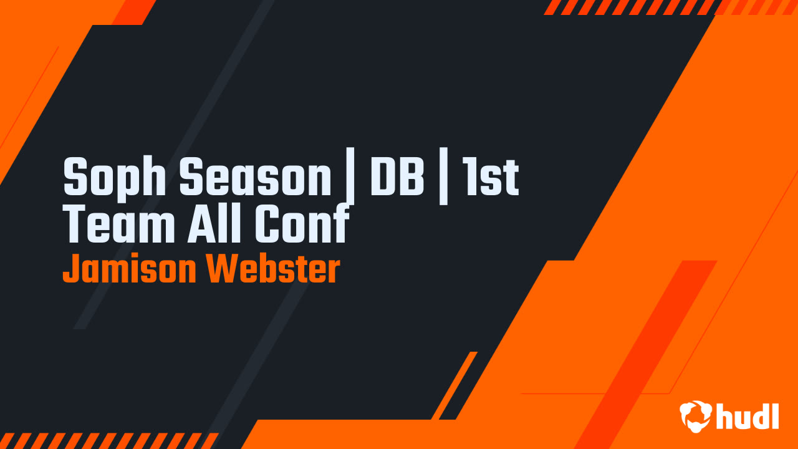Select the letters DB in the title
click(x=397, y=177)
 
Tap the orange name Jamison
click(x=129, y=269)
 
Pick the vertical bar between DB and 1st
click(x=443, y=181)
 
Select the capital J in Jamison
click(x=69, y=269)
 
